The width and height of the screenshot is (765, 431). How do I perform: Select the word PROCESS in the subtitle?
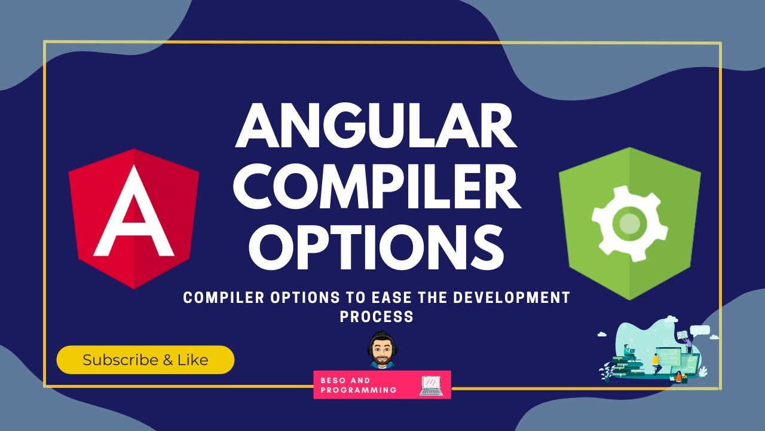377,317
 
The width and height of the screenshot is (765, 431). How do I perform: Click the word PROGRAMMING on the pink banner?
359,390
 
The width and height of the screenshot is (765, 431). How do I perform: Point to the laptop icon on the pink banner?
431,386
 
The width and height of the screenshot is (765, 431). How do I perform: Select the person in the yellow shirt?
656,360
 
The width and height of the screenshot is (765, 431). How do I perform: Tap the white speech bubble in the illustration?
700,329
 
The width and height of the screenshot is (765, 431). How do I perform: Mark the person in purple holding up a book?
688,344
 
